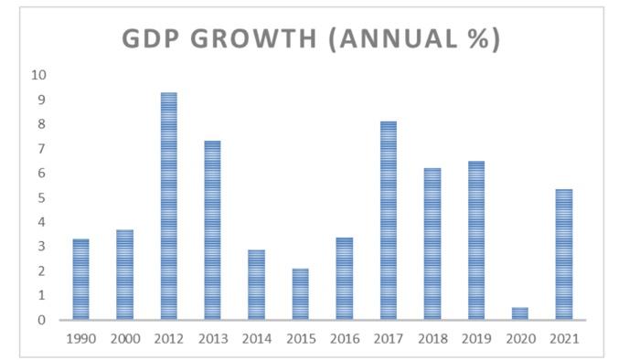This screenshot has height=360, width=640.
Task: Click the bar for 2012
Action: click(x=168, y=206)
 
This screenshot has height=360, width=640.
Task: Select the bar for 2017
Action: click(x=388, y=220)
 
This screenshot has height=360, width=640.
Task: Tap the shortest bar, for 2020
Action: click(x=519, y=313)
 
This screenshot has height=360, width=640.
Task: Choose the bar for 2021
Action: click(x=563, y=255)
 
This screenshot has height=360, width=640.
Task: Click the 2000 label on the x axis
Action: click(x=124, y=339)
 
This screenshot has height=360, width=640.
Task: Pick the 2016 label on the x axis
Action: click(x=344, y=339)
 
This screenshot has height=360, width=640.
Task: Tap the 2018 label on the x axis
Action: click(x=432, y=339)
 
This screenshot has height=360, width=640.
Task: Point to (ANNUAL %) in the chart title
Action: click(x=417, y=40)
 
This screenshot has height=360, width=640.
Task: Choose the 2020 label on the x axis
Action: click(x=519, y=339)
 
